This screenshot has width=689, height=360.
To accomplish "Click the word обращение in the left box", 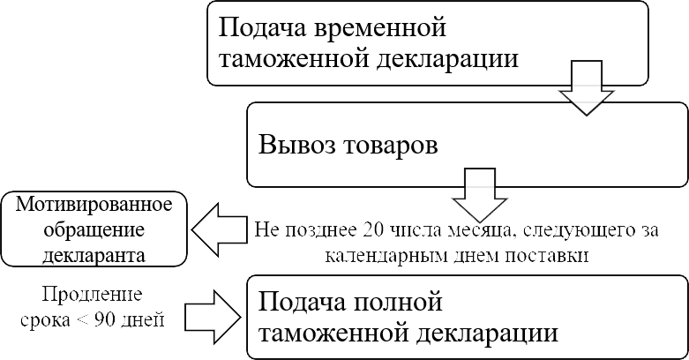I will tap(94, 230).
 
